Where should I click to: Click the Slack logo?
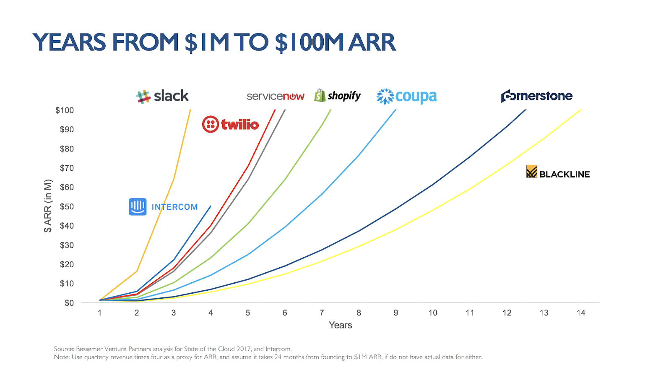[162, 96]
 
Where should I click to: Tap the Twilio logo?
[230, 124]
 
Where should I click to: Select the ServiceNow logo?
[276, 96]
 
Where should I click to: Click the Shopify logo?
[337, 96]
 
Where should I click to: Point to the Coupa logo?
[406, 96]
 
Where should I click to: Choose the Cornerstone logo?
[536, 96]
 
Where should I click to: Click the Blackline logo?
[558, 172]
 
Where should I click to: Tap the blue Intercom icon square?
[138, 207]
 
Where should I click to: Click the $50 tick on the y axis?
[67, 206]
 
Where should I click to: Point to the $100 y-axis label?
[65, 110]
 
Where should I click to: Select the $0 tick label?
[69, 303]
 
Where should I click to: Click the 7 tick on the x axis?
[322, 313]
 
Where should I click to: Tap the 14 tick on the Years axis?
[581, 313]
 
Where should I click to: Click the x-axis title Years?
[340, 325]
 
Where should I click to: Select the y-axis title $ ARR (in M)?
[48, 206]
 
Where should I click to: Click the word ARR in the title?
[372, 42]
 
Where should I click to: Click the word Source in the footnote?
[64, 349]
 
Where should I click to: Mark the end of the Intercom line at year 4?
[211, 206]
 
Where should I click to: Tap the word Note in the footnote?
[61, 357]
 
